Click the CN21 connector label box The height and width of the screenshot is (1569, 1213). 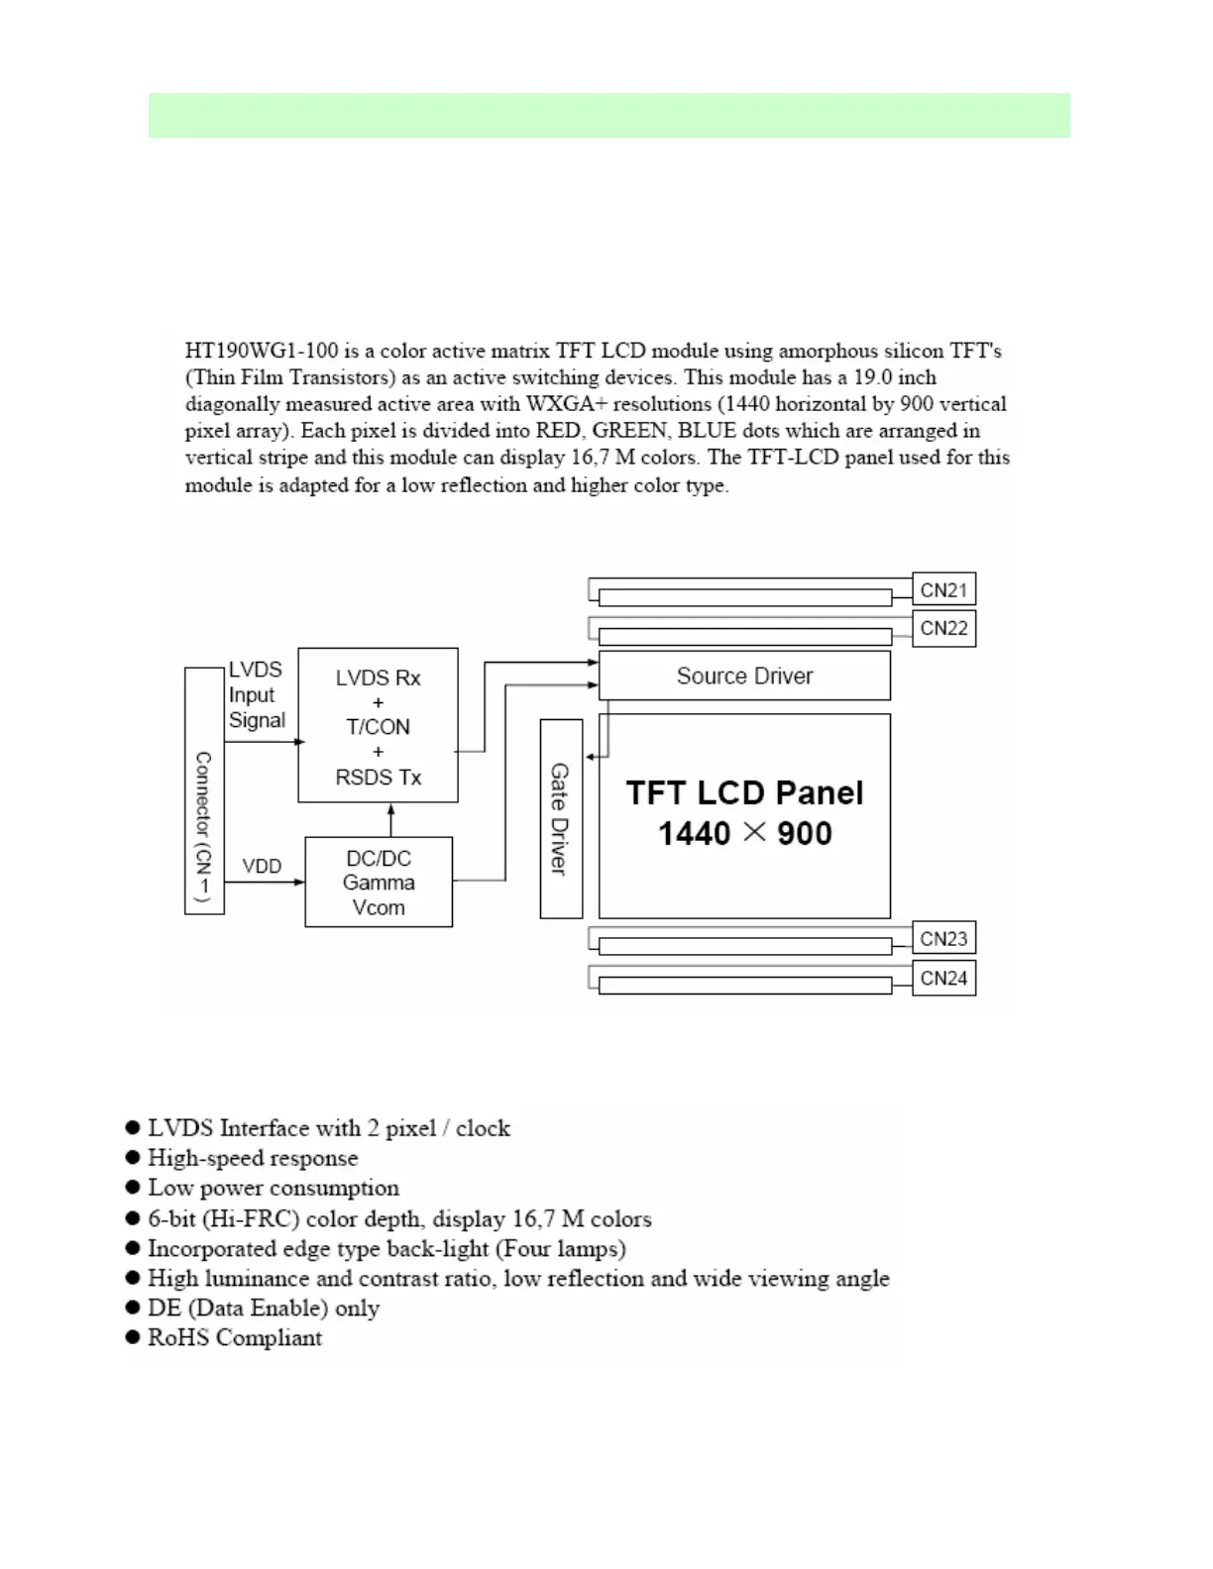click(943, 589)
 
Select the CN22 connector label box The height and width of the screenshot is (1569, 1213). click(943, 628)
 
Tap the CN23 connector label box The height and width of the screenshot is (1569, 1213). click(943, 938)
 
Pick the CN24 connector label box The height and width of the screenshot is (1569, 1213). click(943, 978)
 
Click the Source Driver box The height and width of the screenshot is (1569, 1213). click(744, 676)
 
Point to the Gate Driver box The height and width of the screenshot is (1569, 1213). click(560, 818)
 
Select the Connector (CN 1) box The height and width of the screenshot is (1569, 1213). click(204, 790)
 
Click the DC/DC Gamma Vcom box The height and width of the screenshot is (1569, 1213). click(379, 883)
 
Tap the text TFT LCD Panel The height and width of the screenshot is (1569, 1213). click(744, 792)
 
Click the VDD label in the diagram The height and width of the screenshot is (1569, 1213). click(262, 866)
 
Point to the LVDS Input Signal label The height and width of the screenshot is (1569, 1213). click(256, 695)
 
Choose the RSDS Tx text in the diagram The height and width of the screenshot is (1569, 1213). click(378, 778)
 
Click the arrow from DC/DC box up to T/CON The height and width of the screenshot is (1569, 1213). click(391, 819)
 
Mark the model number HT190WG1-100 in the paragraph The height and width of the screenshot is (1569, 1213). click(262, 351)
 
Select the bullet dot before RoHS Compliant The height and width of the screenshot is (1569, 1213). click(133, 1337)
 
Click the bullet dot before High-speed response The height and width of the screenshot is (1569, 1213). click(133, 1157)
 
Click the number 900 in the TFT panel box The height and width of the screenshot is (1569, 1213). click(804, 833)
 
